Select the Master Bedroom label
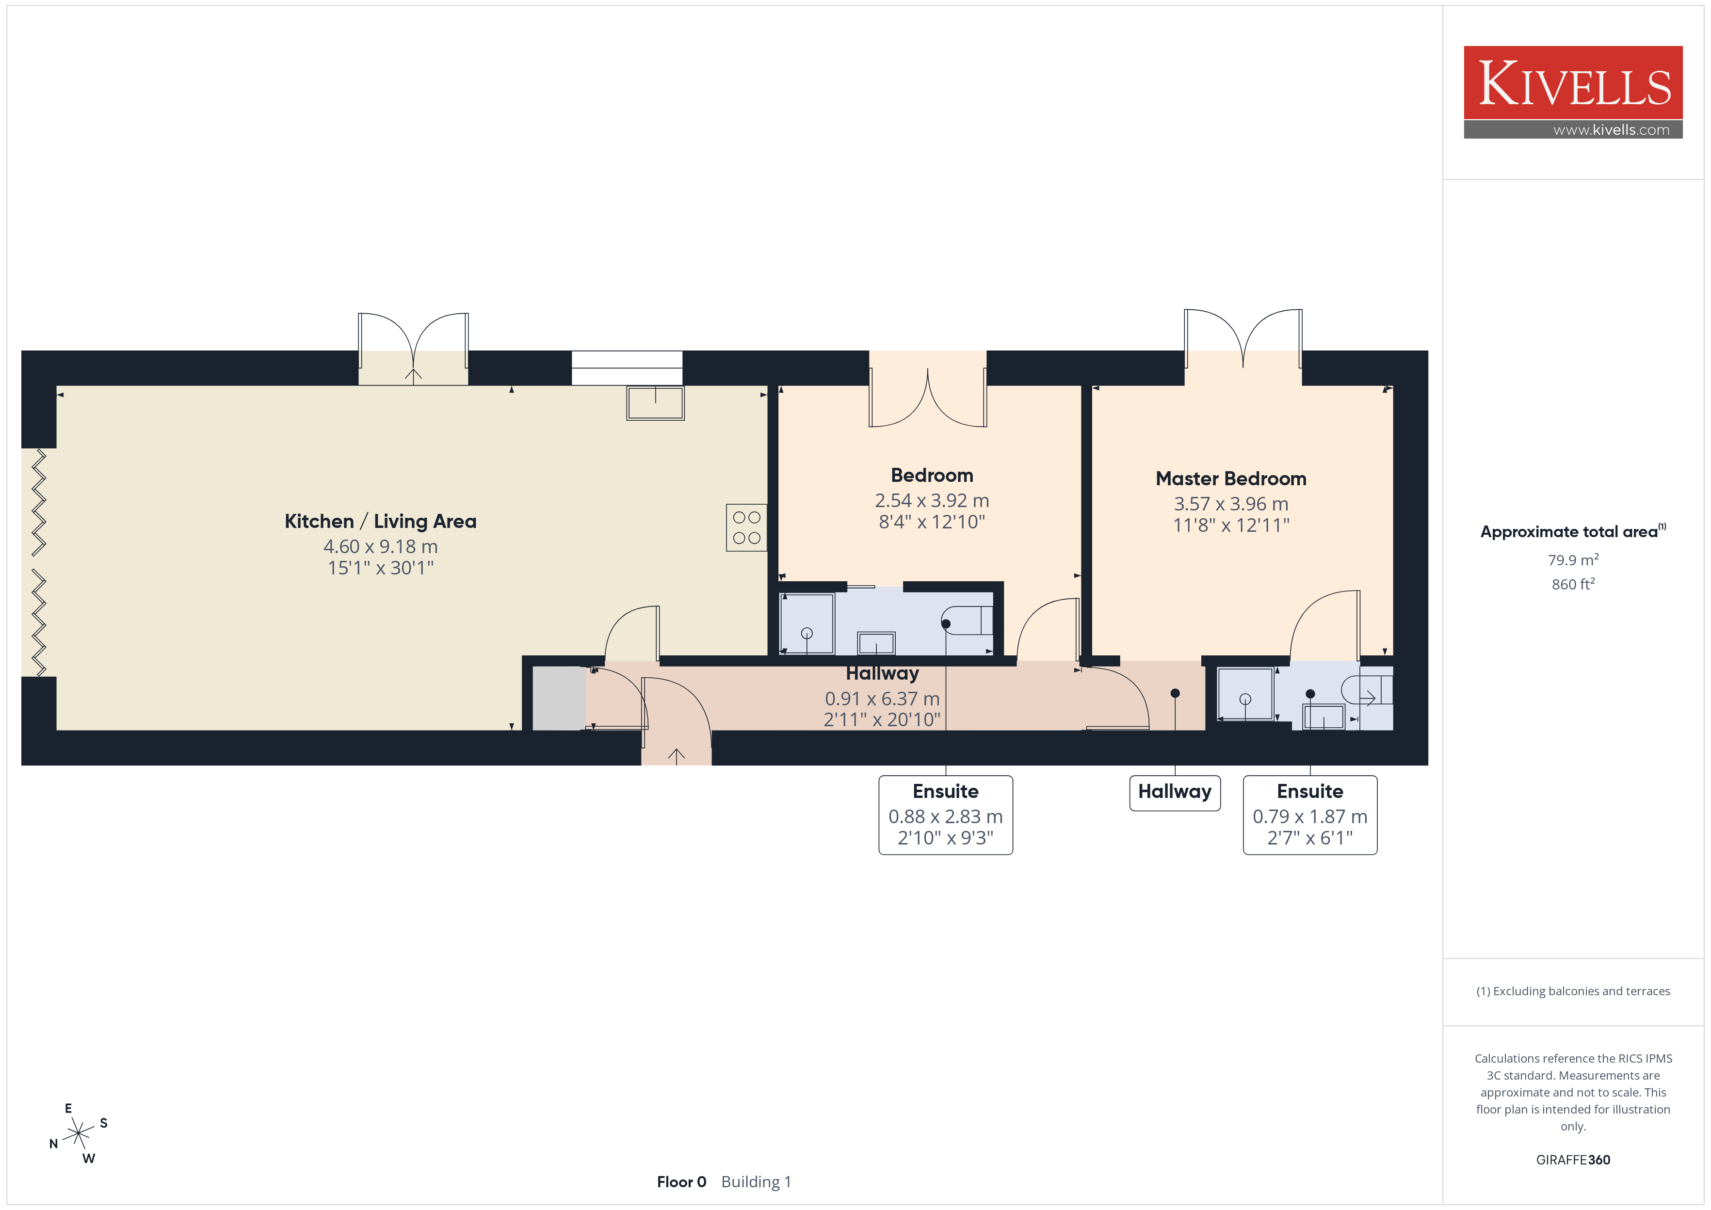tap(1230, 478)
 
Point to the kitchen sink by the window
tap(655, 403)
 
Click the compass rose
tap(78, 1134)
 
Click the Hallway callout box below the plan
tap(1175, 793)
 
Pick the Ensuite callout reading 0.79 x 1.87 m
tap(1309, 814)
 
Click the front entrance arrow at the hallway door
tap(676, 756)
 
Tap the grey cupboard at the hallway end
tap(558, 698)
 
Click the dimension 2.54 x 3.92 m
tap(932, 501)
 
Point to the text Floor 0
tap(681, 1182)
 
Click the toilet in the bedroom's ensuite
tap(967, 620)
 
